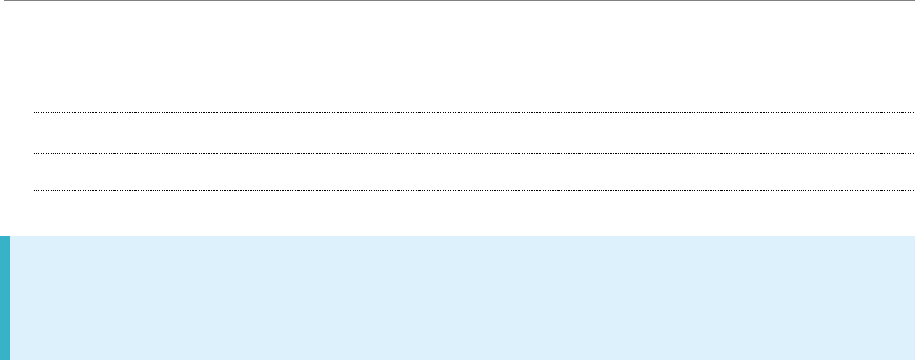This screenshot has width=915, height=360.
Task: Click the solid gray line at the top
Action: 457,1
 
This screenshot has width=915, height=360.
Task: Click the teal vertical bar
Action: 5,298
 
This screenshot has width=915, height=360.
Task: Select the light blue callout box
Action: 463,298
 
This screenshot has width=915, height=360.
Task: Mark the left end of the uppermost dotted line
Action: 34,112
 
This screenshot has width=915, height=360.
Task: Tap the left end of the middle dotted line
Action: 34,153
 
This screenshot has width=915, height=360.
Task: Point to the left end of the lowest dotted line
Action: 34,191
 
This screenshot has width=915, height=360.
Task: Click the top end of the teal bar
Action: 5,237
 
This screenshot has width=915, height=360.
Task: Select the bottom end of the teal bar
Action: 5,357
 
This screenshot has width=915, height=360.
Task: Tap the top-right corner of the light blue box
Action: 912,237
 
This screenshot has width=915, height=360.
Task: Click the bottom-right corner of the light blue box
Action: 912,357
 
